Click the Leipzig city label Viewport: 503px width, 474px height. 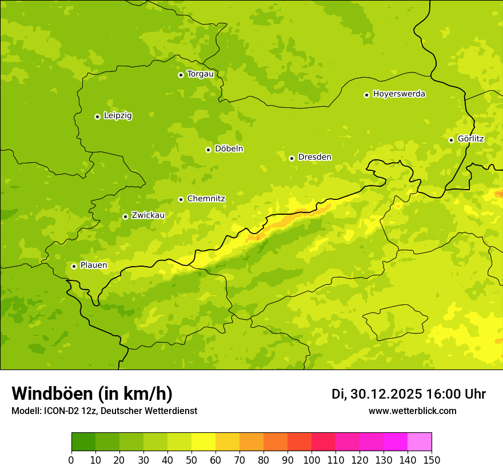(118, 115)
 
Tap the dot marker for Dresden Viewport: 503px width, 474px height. (292, 158)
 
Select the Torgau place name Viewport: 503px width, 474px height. (200, 74)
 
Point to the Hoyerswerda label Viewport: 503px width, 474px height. (399, 94)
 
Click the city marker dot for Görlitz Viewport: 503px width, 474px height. (451, 140)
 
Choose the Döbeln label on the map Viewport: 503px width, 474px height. (229, 148)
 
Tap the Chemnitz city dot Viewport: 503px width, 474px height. (181, 199)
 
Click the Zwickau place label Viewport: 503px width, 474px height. (148, 215)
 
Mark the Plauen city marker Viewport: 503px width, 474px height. (74, 266)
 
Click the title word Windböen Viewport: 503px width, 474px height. (52, 393)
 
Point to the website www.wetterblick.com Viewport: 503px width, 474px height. (412, 411)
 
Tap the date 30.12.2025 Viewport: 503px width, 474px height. (386, 394)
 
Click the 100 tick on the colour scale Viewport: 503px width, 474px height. (312, 460)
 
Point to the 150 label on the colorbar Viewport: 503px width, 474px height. (432, 460)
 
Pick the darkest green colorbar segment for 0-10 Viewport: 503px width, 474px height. (83, 441)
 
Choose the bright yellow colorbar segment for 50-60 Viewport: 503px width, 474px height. (203, 441)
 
